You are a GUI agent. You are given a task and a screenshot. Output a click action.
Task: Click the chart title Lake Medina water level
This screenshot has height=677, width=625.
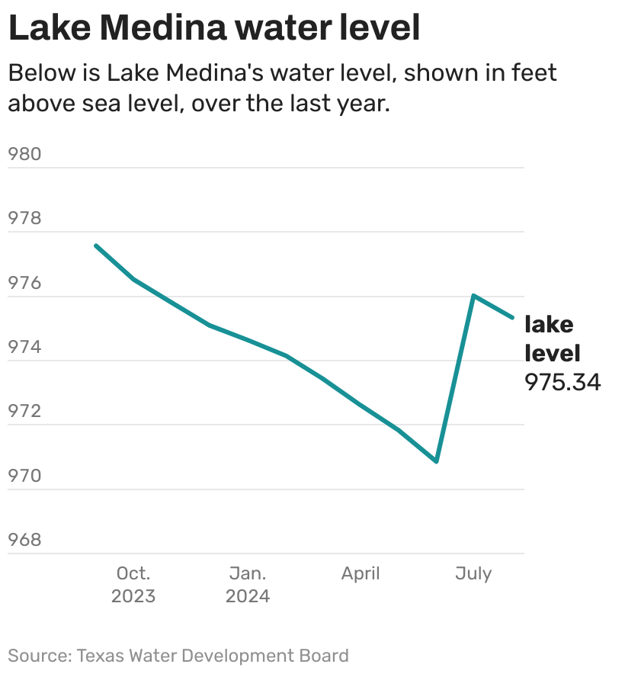(x=214, y=28)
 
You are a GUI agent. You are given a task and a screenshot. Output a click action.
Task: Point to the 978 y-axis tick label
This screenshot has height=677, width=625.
(x=24, y=219)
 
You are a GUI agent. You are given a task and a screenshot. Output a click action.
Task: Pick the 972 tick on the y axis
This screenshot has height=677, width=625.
(x=24, y=412)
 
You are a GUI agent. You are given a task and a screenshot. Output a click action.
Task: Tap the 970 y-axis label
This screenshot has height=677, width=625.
(x=24, y=476)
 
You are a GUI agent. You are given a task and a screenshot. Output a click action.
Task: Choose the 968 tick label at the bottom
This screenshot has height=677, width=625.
(x=24, y=541)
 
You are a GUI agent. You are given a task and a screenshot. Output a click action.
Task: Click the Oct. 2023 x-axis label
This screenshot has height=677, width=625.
(x=133, y=584)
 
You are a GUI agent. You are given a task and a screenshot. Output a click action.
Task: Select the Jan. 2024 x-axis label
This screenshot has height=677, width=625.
(x=248, y=584)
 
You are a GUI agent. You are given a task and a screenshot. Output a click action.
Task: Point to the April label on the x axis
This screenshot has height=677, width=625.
(x=361, y=573)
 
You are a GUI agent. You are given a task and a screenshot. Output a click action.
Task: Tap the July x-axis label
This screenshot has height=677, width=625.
(x=473, y=573)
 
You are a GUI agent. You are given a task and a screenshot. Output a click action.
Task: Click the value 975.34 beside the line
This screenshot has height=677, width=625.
(x=562, y=382)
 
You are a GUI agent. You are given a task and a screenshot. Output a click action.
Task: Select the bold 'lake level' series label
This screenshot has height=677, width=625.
(x=552, y=338)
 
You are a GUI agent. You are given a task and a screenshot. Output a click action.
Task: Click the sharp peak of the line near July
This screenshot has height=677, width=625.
(x=473, y=295)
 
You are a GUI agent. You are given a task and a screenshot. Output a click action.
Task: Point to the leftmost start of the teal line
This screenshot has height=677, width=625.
(x=95, y=245)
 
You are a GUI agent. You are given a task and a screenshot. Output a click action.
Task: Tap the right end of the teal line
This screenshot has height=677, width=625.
(x=512, y=317)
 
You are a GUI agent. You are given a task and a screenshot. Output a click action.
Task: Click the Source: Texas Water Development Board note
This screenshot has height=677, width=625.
(x=178, y=656)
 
